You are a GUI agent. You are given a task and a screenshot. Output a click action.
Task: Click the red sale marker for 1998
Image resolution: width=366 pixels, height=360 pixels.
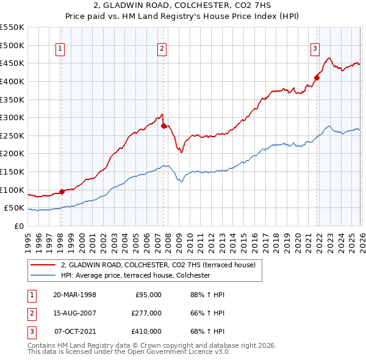pos(62,192)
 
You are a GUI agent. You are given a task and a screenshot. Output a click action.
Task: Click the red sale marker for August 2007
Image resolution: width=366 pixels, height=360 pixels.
pos(163,126)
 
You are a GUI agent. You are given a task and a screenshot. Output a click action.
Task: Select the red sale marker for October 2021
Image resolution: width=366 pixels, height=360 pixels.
pos(317,77)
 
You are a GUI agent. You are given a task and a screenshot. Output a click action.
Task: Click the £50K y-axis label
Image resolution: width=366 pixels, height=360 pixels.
pos(14,208)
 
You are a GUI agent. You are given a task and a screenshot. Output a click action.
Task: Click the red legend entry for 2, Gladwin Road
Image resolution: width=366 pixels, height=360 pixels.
pos(161,265)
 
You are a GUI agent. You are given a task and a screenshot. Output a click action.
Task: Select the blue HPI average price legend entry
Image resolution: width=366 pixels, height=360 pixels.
pos(135,276)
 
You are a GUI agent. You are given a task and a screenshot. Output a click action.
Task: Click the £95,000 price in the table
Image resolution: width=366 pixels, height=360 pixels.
pos(147,295)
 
